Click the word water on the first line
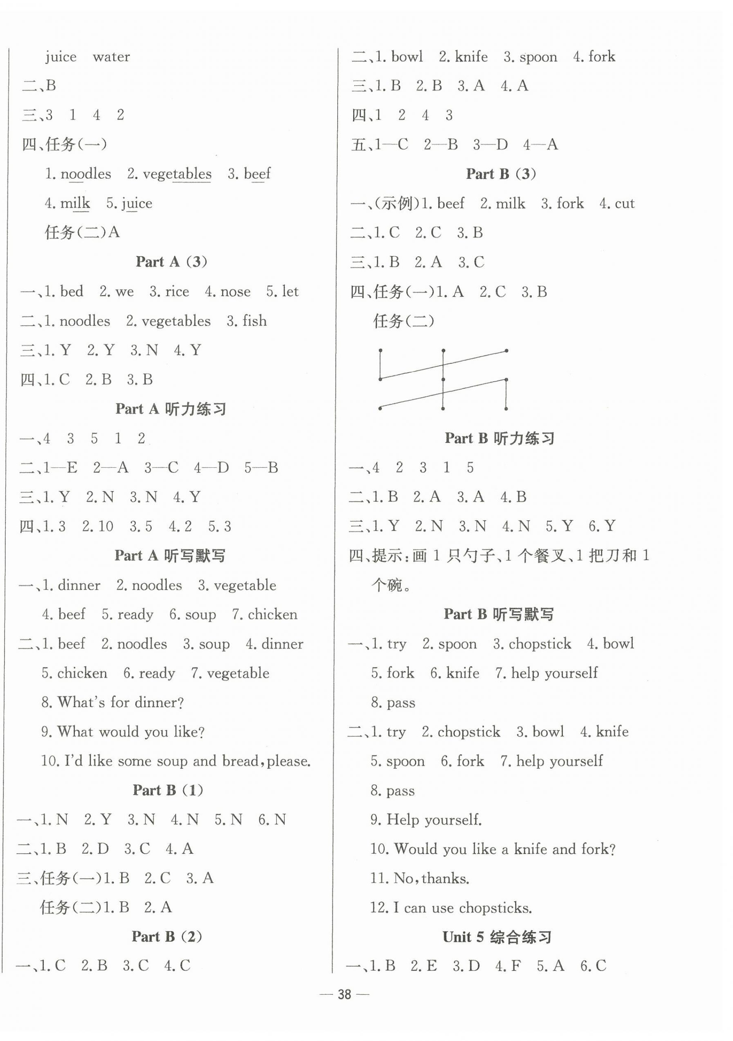tap(111, 57)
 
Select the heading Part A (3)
tap(171, 262)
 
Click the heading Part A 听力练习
tap(171, 409)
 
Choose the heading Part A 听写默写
tap(170, 556)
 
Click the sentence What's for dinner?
tap(120, 702)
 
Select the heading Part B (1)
tap(168, 790)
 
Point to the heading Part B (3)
tap(501, 174)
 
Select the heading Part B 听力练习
tap(499, 438)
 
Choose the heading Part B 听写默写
tap(498, 614)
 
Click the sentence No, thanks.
tap(431, 879)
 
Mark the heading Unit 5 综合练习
tap(497, 937)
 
